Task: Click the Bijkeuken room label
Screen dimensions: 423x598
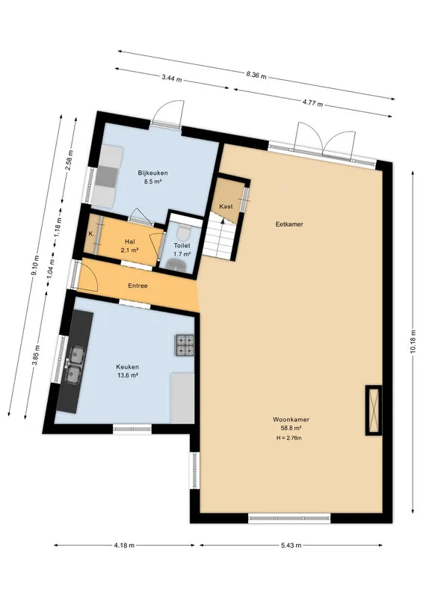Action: click(x=152, y=173)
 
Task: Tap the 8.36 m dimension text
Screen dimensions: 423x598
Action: click(x=256, y=75)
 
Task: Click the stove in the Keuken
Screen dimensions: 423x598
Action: click(x=185, y=345)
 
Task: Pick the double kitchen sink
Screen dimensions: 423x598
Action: click(x=74, y=364)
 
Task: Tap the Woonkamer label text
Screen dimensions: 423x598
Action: click(x=291, y=419)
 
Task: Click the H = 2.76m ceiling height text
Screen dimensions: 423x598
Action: click(x=289, y=438)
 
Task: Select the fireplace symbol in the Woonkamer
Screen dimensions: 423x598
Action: click(x=374, y=410)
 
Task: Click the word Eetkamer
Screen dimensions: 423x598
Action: click(x=289, y=224)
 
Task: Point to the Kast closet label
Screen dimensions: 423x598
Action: click(x=226, y=206)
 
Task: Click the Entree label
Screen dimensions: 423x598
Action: click(x=138, y=286)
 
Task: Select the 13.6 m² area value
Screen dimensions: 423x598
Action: click(x=127, y=375)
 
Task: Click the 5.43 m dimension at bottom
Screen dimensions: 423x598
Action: click(x=291, y=546)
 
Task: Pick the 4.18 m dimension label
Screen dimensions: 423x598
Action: click(x=124, y=546)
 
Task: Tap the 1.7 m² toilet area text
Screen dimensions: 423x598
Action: click(x=182, y=253)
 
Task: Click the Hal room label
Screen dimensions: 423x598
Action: click(x=130, y=241)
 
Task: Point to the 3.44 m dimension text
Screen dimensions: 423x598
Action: click(x=171, y=79)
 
